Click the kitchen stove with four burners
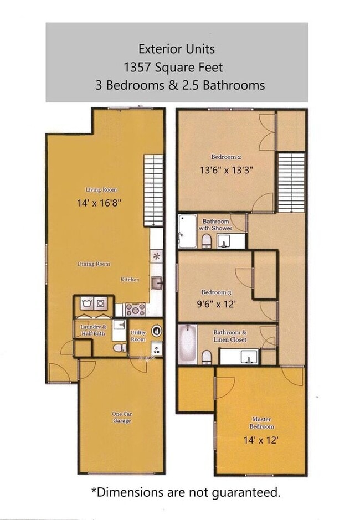[136, 309]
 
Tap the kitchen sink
[156, 283]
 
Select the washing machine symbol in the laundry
[86, 303]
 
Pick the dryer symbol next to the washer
[101, 303]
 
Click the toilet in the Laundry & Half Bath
[117, 348]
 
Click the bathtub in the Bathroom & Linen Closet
[187, 343]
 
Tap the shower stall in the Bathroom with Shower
[187, 231]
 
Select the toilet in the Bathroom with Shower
[206, 240]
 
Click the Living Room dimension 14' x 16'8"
[100, 203]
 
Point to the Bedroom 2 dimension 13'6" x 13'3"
[227, 171]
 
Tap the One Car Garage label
[122, 418]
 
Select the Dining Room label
[94, 264]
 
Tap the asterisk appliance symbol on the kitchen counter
[157, 256]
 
